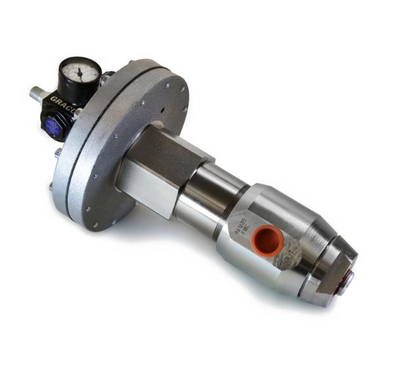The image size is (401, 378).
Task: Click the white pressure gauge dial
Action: tap(79, 71)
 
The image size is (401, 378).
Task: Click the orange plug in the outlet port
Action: tap(266, 240)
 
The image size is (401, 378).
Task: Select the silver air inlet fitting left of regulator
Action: tap(36, 94)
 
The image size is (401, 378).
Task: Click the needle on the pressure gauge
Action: tap(79, 72)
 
